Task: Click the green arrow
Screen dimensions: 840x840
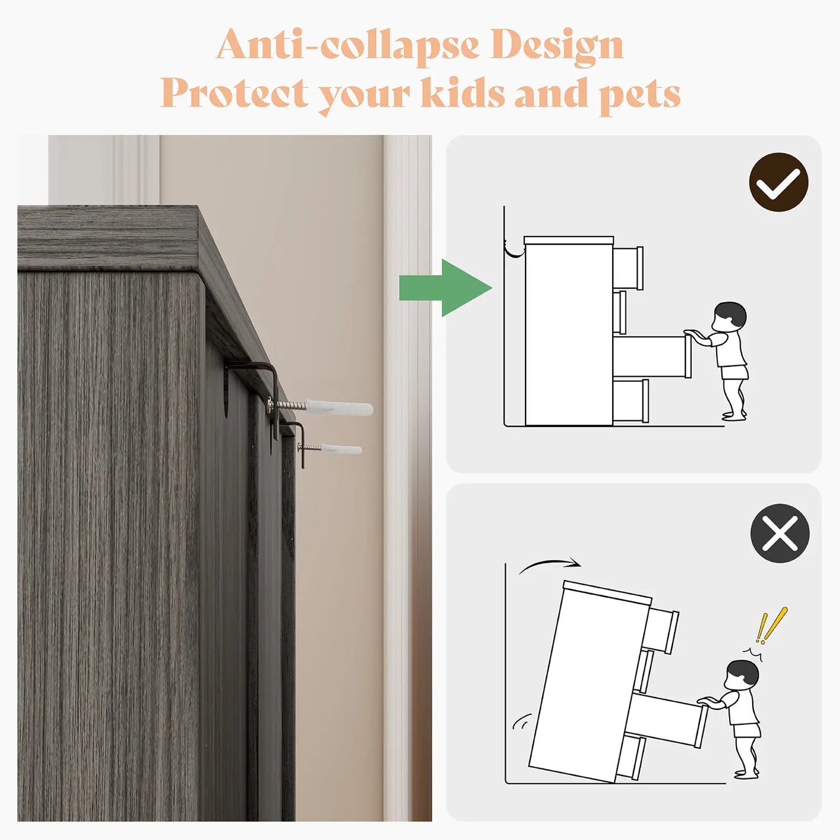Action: tap(445, 288)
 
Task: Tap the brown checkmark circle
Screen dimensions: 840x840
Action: tap(778, 182)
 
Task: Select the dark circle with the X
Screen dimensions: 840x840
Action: tap(780, 533)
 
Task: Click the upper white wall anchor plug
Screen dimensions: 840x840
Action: tap(340, 407)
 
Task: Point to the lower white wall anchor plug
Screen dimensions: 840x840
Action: tap(341, 449)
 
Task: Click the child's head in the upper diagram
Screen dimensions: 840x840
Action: tap(729, 317)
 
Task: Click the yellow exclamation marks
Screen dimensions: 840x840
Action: tap(771, 625)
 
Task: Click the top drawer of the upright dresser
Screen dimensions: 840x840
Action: tap(628, 267)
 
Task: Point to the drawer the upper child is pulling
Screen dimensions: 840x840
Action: tap(652, 356)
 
